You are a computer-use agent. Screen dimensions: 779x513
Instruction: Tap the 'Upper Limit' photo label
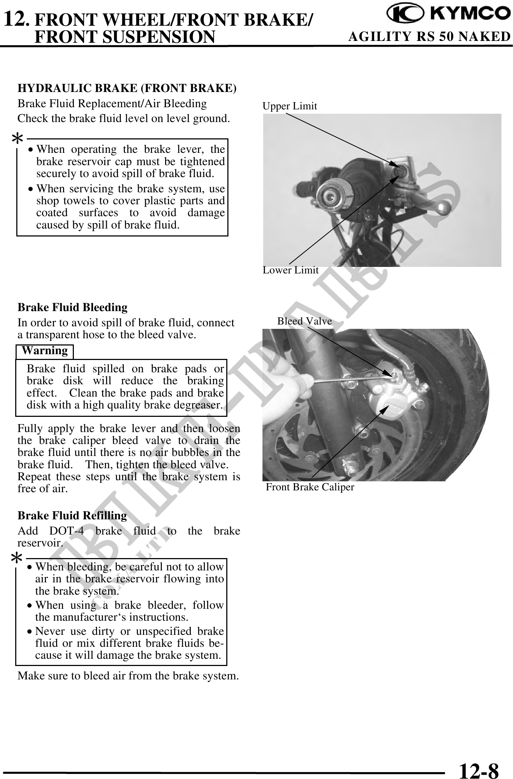(290, 106)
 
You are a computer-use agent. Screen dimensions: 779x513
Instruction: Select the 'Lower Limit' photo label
(290, 270)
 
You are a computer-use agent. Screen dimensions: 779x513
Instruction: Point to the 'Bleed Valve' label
(304, 321)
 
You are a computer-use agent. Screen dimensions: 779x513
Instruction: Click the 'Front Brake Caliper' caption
(310, 487)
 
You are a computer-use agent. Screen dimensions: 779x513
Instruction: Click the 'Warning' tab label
(45, 351)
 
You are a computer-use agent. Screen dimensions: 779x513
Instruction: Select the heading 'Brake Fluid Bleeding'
(72, 307)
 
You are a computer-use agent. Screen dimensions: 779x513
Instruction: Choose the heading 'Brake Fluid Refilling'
(72, 515)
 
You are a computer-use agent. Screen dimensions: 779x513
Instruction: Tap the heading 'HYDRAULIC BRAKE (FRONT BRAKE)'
(127, 88)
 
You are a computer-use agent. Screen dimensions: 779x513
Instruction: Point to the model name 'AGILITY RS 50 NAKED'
(429, 37)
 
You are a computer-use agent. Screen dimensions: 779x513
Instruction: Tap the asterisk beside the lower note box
(17, 558)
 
